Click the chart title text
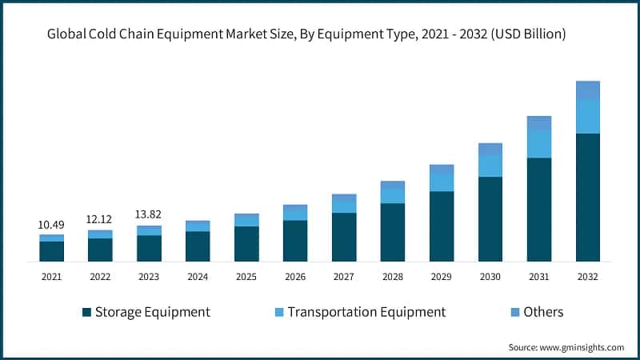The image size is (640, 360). click(x=307, y=34)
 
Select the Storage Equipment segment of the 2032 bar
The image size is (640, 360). click(x=588, y=197)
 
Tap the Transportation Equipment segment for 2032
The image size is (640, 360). click(x=588, y=117)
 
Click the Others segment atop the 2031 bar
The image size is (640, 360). click(x=539, y=123)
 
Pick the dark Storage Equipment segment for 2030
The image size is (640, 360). click(x=490, y=218)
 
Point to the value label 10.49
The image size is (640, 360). click(x=51, y=225)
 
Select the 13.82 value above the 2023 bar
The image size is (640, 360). click(x=149, y=215)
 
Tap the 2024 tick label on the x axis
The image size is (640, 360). click(x=198, y=276)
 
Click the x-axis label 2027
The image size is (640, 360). click(x=344, y=276)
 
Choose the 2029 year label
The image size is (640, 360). click(x=442, y=276)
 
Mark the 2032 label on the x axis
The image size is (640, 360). click(x=588, y=276)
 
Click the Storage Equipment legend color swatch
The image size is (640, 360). click(x=86, y=312)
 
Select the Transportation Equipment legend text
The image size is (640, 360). click(x=366, y=312)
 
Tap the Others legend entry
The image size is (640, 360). click(x=543, y=312)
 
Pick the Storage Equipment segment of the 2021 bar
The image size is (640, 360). click(x=51, y=251)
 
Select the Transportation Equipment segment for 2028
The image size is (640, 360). click(x=393, y=195)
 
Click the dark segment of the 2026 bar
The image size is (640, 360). click(x=295, y=240)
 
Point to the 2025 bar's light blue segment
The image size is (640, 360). click(x=246, y=220)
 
